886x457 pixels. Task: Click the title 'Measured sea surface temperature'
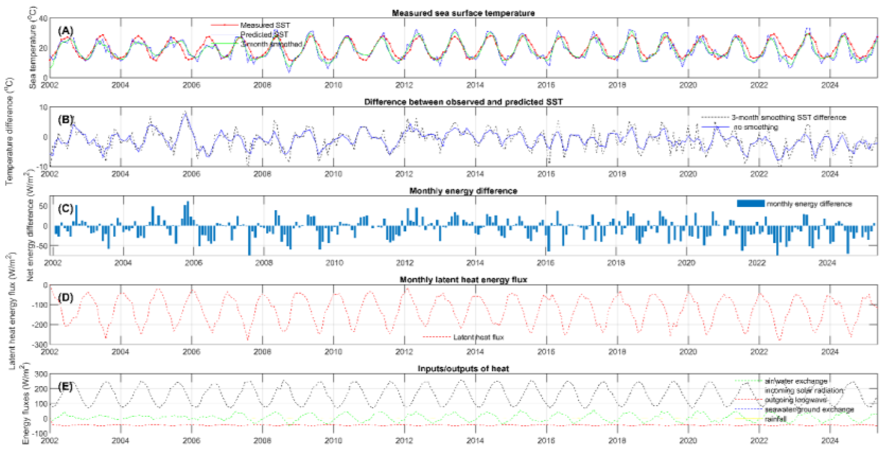tap(463, 13)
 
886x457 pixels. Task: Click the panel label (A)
tap(66, 31)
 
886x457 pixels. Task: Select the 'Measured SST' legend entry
tap(265, 25)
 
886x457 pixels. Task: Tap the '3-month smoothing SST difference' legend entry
tap(788, 118)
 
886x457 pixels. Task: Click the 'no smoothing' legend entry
tap(755, 127)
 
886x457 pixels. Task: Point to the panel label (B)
tap(66, 120)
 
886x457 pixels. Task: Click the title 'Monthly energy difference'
tap(463, 191)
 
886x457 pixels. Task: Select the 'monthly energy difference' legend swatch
tap(750, 204)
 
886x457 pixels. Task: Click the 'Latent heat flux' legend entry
tap(478, 337)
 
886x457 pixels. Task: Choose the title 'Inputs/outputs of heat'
tap(463, 369)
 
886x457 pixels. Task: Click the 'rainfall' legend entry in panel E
tap(775, 419)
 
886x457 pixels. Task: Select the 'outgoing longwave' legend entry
tap(795, 400)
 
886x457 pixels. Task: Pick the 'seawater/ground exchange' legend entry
tap(809, 410)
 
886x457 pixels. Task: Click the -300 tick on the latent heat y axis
tap(40, 344)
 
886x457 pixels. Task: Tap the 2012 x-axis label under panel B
tap(404, 174)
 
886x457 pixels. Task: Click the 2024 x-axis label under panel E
tap(830, 441)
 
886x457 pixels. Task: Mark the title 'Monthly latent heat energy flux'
tap(463, 280)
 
